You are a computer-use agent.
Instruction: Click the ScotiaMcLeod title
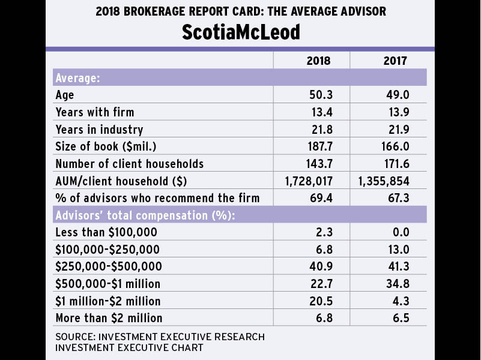[x=240, y=32]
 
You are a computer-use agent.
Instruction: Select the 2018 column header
[x=318, y=61]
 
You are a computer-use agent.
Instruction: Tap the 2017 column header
[x=395, y=61]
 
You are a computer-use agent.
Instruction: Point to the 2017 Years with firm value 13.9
[x=397, y=112]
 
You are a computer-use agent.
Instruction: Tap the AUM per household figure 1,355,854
[x=385, y=181]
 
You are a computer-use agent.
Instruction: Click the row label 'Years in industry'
[x=99, y=130]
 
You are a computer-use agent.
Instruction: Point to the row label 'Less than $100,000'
[x=101, y=232]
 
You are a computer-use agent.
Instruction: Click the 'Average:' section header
[x=77, y=78]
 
